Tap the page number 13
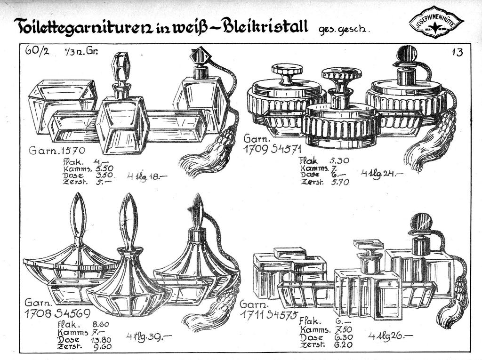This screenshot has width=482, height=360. tap(457, 52)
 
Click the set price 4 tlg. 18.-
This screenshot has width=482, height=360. tap(147, 176)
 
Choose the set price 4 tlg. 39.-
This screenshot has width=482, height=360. tap(148, 336)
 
